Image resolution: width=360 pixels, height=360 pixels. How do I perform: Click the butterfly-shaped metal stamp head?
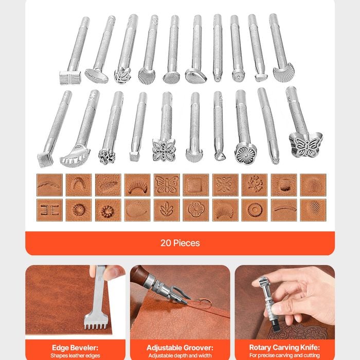[305, 145]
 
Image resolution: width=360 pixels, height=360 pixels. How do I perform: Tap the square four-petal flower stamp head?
[164, 150]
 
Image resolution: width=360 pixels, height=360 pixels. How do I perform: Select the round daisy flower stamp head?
[245, 153]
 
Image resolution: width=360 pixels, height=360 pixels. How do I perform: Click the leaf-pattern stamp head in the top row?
[122, 75]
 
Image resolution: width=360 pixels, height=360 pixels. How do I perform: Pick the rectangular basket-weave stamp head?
[70, 78]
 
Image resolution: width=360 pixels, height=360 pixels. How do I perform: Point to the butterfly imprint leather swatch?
[167, 185]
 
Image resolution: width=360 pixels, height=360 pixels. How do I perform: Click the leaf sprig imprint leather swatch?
[167, 210]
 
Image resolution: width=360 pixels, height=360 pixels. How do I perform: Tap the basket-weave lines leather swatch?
[49, 210]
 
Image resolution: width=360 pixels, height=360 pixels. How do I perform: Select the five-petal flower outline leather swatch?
[196, 210]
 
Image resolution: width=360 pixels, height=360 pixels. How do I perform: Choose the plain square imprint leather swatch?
[196, 185]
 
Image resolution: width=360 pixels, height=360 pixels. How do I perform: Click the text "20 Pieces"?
[180, 243]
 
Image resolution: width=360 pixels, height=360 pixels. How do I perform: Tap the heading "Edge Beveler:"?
[75, 348]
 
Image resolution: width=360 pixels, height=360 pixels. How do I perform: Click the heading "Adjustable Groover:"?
[180, 348]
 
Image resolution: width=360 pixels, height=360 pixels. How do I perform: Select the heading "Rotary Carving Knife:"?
[284, 348]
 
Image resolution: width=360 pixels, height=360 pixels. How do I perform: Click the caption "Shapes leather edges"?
[75, 356]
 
